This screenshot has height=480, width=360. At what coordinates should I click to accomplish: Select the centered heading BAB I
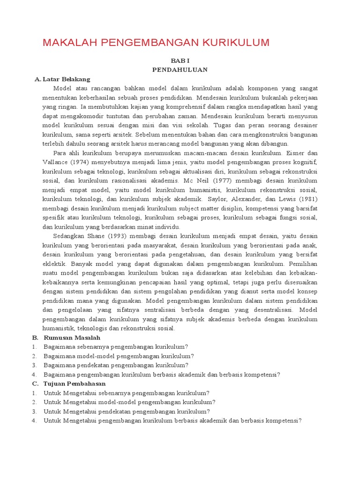(x=180, y=61)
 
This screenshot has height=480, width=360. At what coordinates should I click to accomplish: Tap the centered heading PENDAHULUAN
(x=180, y=70)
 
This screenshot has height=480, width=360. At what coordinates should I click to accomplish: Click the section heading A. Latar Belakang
(x=62, y=79)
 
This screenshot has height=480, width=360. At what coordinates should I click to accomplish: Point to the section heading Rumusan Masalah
(x=72, y=337)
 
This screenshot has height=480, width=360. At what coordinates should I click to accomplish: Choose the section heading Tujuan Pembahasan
(x=75, y=383)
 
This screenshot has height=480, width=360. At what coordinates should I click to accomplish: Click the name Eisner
(x=296, y=153)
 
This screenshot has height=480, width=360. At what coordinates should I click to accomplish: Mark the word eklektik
(x=54, y=263)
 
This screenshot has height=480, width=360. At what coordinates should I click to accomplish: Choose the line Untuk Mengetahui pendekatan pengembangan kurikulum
(x=127, y=411)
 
